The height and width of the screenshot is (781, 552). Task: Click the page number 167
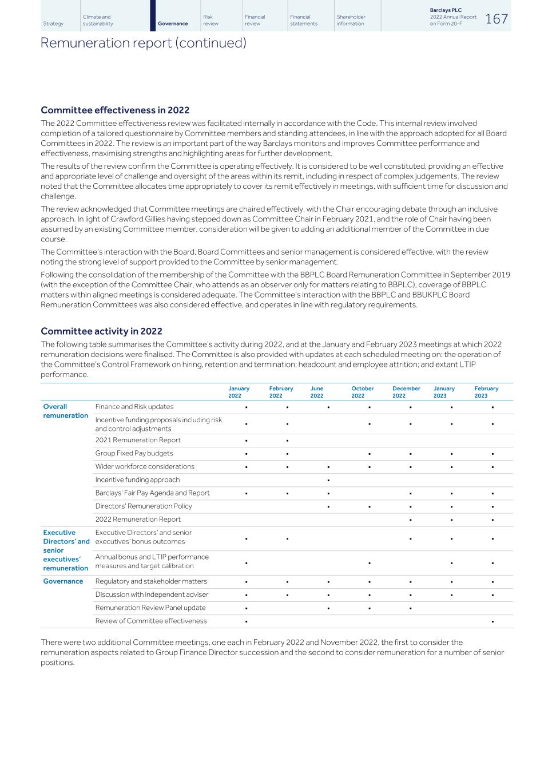(496, 19)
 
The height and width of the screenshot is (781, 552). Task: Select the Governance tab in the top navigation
(173, 23)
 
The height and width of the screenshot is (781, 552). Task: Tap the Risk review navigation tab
(211, 20)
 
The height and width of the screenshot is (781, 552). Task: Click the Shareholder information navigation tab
(351, 20)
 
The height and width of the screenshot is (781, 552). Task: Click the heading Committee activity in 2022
(101, 331)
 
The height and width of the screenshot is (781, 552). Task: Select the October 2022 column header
(362, 392)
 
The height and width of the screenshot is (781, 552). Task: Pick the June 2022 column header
(317, 392)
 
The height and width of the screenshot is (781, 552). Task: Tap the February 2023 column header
(486, 392)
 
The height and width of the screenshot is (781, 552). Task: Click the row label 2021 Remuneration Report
(138, 440)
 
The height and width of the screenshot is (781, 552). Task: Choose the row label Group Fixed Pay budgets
(134, 453)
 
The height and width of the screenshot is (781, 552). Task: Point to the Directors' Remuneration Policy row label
(144, 506)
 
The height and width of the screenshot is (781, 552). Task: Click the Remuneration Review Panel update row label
(150, 608)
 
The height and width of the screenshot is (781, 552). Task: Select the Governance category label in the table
(63, 581)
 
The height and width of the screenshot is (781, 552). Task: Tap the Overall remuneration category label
(65, 411)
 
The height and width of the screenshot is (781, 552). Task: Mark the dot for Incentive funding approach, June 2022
(328, 480)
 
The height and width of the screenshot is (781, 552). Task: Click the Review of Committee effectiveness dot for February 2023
(493, 621)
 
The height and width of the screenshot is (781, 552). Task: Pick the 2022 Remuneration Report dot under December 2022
(411, 520)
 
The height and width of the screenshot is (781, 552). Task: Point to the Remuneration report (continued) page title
(143, 43)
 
